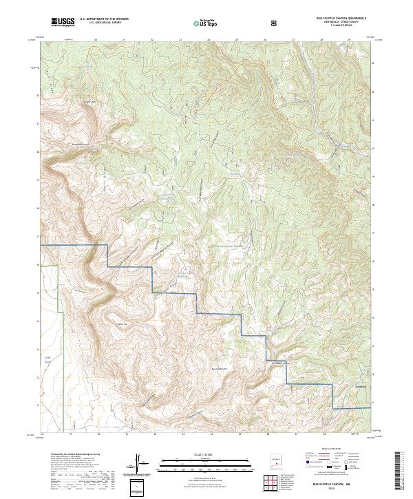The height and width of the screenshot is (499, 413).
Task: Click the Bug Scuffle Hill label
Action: (218, 368)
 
